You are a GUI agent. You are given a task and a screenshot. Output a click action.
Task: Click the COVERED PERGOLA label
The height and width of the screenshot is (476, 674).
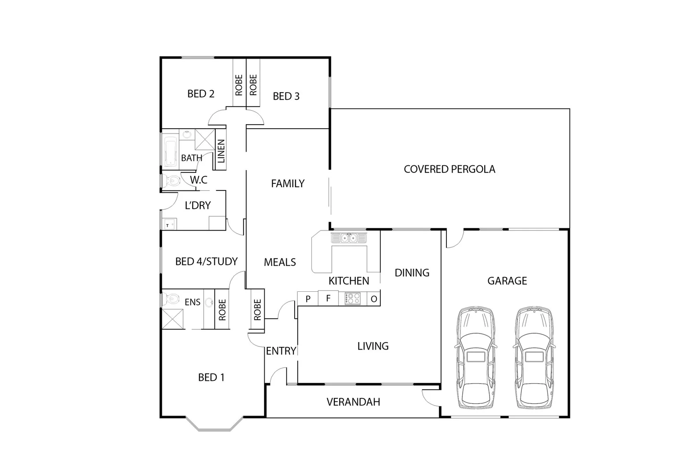point(449,169)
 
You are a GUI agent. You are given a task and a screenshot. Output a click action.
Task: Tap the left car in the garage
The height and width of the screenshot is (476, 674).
point(475,357)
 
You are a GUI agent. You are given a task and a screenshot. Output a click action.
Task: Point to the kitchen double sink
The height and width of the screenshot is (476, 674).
point(349,238)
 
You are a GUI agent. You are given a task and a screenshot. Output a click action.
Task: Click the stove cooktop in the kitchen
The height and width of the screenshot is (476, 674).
point(352,298)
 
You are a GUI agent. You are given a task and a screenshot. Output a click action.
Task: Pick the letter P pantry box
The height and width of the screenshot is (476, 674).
point(308,299)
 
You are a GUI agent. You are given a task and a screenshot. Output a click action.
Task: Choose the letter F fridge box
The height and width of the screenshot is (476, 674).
point(328,298)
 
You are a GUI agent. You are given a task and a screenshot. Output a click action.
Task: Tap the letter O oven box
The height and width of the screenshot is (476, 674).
point(374,299)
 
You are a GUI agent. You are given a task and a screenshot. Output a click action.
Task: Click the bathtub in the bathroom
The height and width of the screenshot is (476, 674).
point(170,152)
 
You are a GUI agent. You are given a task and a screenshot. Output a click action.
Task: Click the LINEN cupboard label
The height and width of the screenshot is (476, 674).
point(221,151)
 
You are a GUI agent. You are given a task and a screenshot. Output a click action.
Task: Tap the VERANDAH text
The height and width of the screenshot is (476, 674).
point(353,402)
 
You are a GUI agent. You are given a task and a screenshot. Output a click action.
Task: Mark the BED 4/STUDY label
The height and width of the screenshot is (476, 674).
point(206,261)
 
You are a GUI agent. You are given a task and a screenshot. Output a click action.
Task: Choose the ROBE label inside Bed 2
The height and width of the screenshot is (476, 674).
point(239,85)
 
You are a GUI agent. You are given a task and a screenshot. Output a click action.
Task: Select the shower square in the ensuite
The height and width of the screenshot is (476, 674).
point(172,319)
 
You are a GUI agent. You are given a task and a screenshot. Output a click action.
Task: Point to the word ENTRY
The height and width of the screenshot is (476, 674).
point(281,351)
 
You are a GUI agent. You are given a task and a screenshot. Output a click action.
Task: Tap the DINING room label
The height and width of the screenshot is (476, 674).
point(412,273)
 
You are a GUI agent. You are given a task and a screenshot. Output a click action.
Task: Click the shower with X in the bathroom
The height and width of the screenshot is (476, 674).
point(205,140)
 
